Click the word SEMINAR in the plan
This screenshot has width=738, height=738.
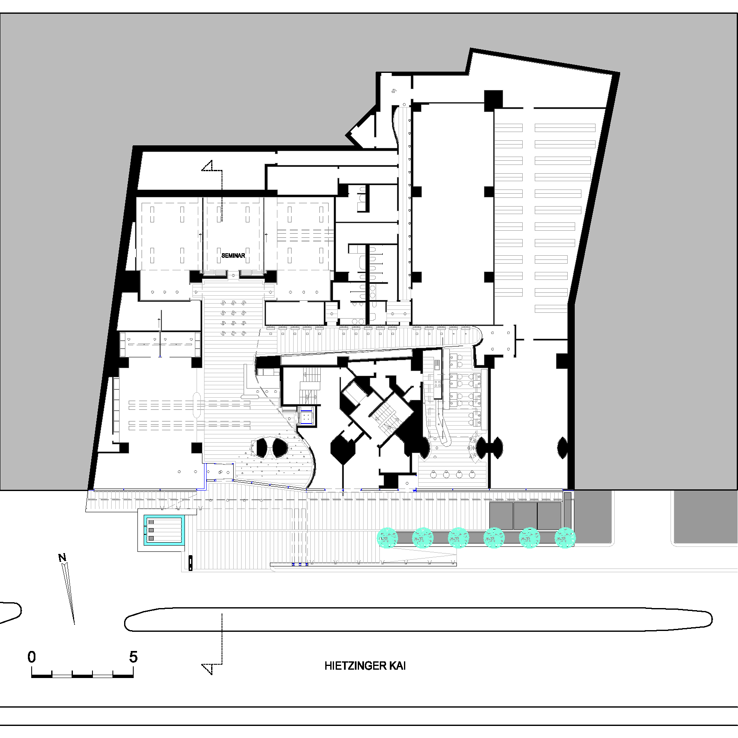pos(233,255)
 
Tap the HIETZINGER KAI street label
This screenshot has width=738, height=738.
pos(365,666)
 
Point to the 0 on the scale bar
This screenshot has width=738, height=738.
pos(32,657)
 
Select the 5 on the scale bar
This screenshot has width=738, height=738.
pos(133,657)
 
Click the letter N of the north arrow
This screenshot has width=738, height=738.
pos(62,558)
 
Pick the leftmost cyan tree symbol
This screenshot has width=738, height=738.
pos(387,537)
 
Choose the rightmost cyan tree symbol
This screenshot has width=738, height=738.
pos(565,537)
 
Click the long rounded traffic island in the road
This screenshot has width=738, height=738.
pos(418,619)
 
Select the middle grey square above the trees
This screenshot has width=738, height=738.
pos(525,516)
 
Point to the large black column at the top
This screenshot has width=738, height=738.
pos(493,100)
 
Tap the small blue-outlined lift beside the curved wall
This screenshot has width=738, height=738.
pos(307,416)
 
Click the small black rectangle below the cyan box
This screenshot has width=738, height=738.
pos(191,562)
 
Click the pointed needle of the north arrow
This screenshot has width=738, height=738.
pos(69,594)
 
